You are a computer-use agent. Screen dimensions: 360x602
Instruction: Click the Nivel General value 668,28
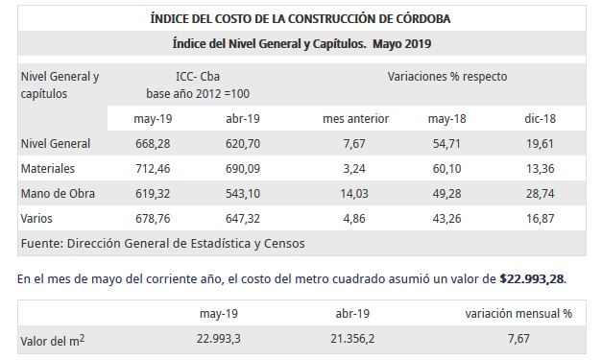pos(152,144)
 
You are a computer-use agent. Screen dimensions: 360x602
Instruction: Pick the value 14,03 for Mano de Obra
pos(355,194)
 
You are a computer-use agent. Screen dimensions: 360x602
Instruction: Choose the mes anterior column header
pos(355,119)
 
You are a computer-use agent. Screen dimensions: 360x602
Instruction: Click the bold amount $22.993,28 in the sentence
pos(532,278)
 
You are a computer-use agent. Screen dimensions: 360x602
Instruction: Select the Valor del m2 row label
pos(52,341)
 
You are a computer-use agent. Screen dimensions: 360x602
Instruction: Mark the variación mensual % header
pos(518,313)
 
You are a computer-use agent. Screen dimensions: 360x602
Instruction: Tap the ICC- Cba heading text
pos(197,77)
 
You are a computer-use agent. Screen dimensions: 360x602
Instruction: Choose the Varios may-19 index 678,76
pos(152,219)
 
